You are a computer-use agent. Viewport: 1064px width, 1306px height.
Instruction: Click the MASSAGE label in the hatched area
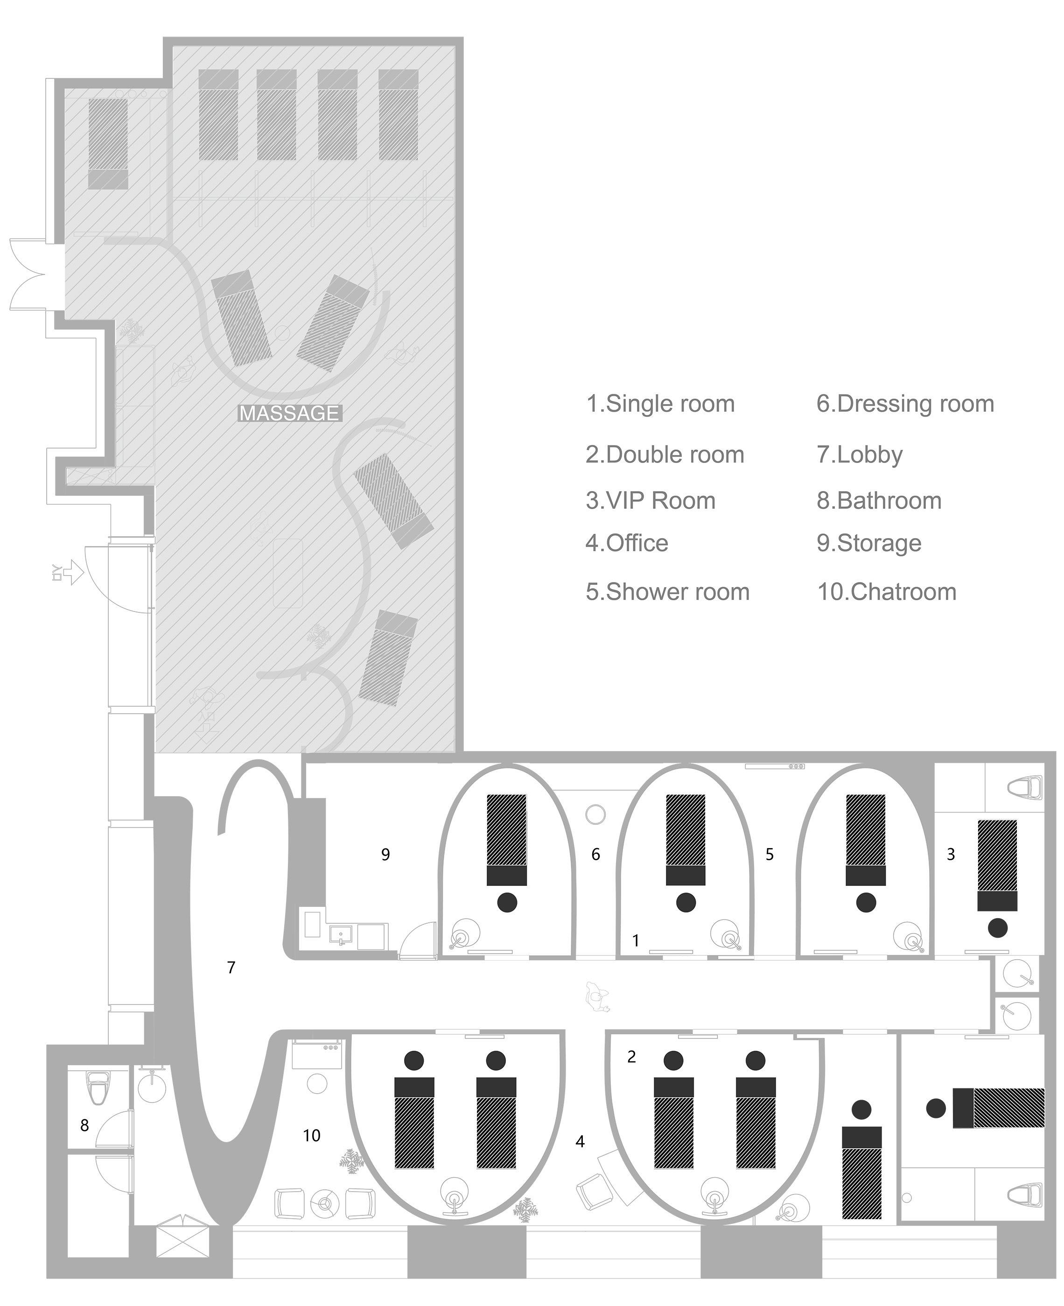click(x=289, y=413)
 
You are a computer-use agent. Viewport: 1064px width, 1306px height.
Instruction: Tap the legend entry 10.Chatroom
click(x=887, y=591)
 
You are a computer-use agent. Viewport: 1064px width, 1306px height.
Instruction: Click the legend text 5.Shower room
click(x=667, y=591)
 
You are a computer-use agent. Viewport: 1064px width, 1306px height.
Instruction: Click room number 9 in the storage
click(x=385, y=854)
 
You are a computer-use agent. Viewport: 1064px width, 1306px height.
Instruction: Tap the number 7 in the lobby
click(x=231, y=967)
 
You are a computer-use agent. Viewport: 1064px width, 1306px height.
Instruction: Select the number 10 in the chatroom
click(x=311, y=1136)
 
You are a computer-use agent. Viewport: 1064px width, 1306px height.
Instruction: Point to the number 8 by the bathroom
click(x=84, y=1125)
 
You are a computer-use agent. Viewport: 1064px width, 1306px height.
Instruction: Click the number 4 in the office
click(x=580, y=1141)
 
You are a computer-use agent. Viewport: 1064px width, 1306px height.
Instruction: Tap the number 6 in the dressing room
click(x=595, y=854)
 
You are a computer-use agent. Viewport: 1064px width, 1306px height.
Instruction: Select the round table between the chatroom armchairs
click(x=325, y=1204)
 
